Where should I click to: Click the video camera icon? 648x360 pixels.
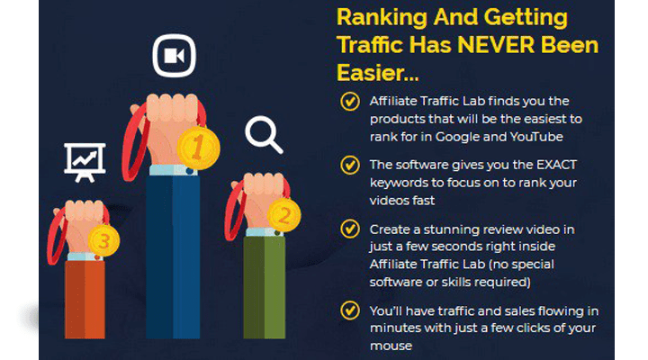(174, 56)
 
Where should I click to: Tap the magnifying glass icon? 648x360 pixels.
(264, 135)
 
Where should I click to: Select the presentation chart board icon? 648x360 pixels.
(85, 162)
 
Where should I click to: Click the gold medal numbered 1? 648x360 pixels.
(198, 148)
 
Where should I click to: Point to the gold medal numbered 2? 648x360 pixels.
(283, 215)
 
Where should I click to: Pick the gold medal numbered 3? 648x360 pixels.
(103, 240)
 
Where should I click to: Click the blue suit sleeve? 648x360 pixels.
(173, 256)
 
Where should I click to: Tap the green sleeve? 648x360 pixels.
(264, 287)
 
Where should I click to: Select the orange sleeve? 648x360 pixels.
(85, 300)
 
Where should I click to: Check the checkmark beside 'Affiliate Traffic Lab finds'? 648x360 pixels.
(350, 102)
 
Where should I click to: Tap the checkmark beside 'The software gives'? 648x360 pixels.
(350, 165)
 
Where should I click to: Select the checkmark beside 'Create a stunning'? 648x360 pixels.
(350, 229)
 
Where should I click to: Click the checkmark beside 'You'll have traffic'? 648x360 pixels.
(350, 310)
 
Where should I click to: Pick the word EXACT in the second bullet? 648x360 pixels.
(556, 165)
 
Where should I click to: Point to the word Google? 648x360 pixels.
(457, 138)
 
